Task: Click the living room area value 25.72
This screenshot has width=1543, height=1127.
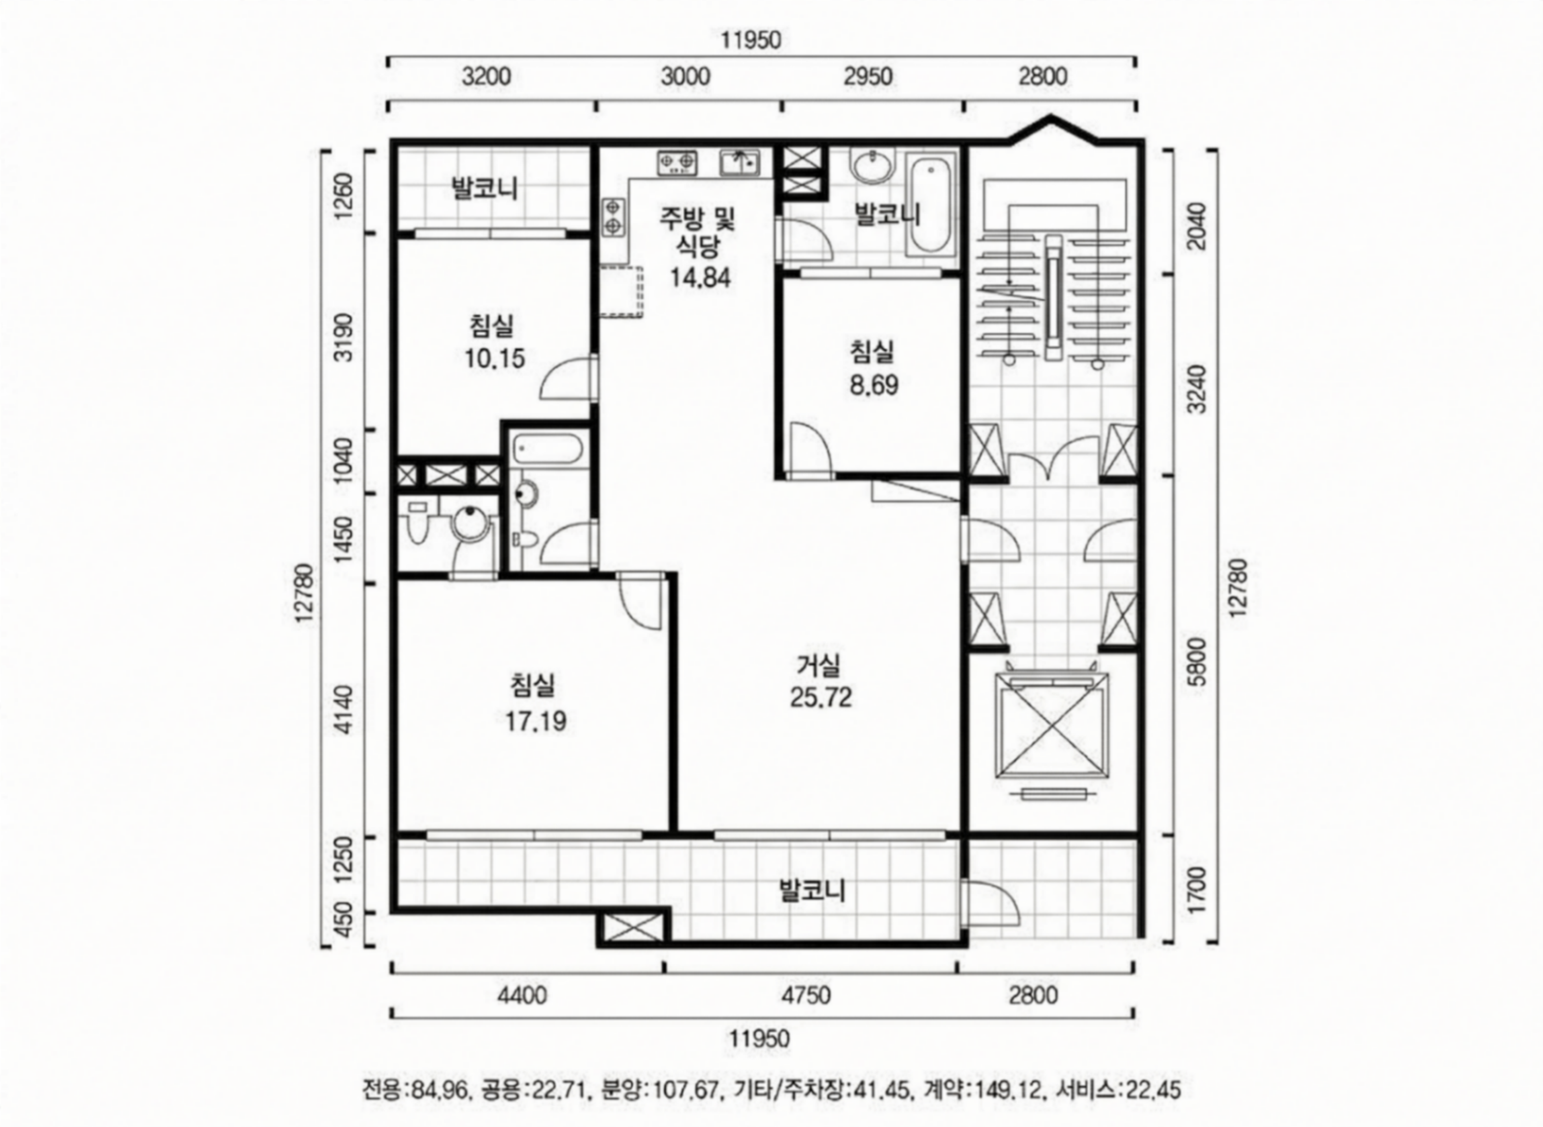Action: tap(821, 697)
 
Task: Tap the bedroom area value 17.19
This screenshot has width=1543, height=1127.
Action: tap(536, 721)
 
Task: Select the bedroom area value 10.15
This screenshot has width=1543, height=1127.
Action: tap(495, 358)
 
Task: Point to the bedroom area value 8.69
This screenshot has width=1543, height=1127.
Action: tap(874, 386)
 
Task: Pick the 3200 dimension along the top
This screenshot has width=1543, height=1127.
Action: tap(486, 76)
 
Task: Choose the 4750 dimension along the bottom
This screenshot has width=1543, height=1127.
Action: tap(806, 995)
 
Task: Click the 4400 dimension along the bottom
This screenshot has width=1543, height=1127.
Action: tap(522, 995)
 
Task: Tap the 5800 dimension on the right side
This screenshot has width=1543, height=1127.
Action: tap(1196, 662)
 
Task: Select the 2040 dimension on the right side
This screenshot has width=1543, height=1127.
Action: tap(1196, 226)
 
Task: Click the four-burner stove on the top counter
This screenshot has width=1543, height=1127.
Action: tap(677, 162)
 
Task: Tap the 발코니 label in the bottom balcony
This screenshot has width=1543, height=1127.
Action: tap(812, 890)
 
